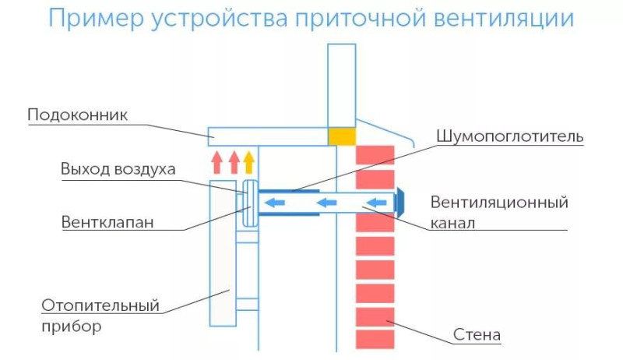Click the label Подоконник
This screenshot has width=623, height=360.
[x=77, y=115]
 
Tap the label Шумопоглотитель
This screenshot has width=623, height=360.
[x=510, y=136]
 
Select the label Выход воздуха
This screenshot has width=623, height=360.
[x=118, y=169]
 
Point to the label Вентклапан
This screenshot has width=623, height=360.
[x=107, y=222]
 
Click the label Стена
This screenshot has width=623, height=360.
[x=477, y=334]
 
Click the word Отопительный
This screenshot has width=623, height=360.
[x=100, y=305]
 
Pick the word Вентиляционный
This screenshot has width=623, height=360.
[x=499, y=203]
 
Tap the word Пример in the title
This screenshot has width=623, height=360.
[x=96, y=19]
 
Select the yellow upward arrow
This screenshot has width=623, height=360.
[x=248, y=162]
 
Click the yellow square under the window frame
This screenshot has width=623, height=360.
[x=342, y=136]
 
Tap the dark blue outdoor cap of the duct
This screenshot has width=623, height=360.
[x=399, y=203]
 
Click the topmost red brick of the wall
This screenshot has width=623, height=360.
[x=375, y=155]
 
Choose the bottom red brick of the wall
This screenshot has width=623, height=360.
[x=375, y=340]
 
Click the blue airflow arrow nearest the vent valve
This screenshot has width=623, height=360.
[x=275, y=203]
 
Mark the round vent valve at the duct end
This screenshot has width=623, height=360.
[x=250, y=203]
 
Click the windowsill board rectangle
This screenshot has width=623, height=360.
[x=268, y=136]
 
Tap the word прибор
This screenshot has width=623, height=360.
[x=72, y=326]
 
